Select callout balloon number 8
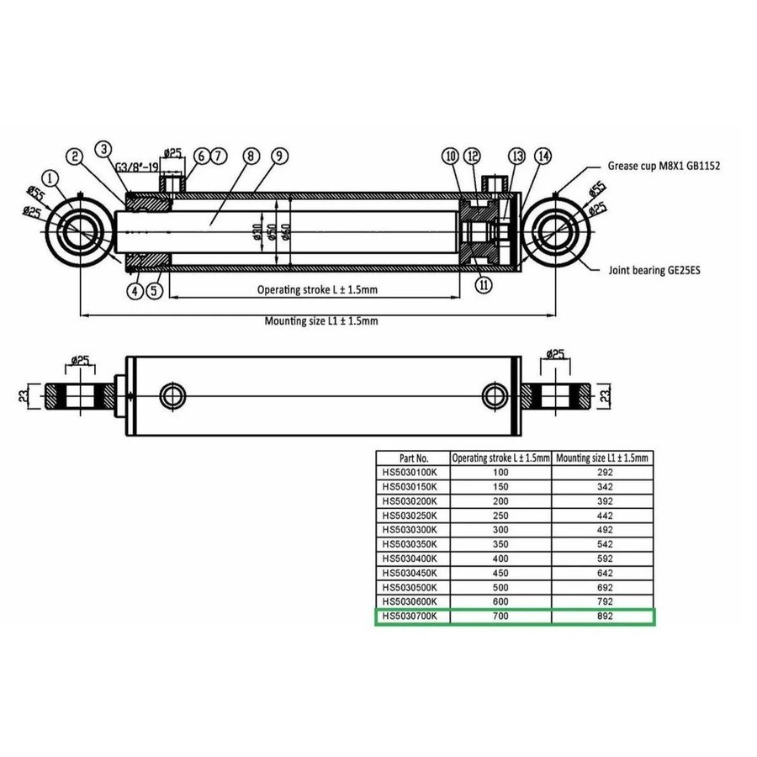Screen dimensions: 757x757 (x=249, y=156)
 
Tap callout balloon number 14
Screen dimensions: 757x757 (x=544, y=156)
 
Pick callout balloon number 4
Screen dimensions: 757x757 (x=134, y=291)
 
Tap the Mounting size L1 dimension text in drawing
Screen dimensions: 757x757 (x=320, y=321)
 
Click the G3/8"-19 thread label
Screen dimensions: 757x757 (x=138, y=167)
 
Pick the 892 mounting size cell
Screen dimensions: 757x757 (x=603, y=617)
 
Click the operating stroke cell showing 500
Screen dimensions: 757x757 (x=501, y=587)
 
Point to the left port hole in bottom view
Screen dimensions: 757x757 (x=174, y=394)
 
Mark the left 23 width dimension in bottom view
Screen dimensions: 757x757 (x=24, y=394)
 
